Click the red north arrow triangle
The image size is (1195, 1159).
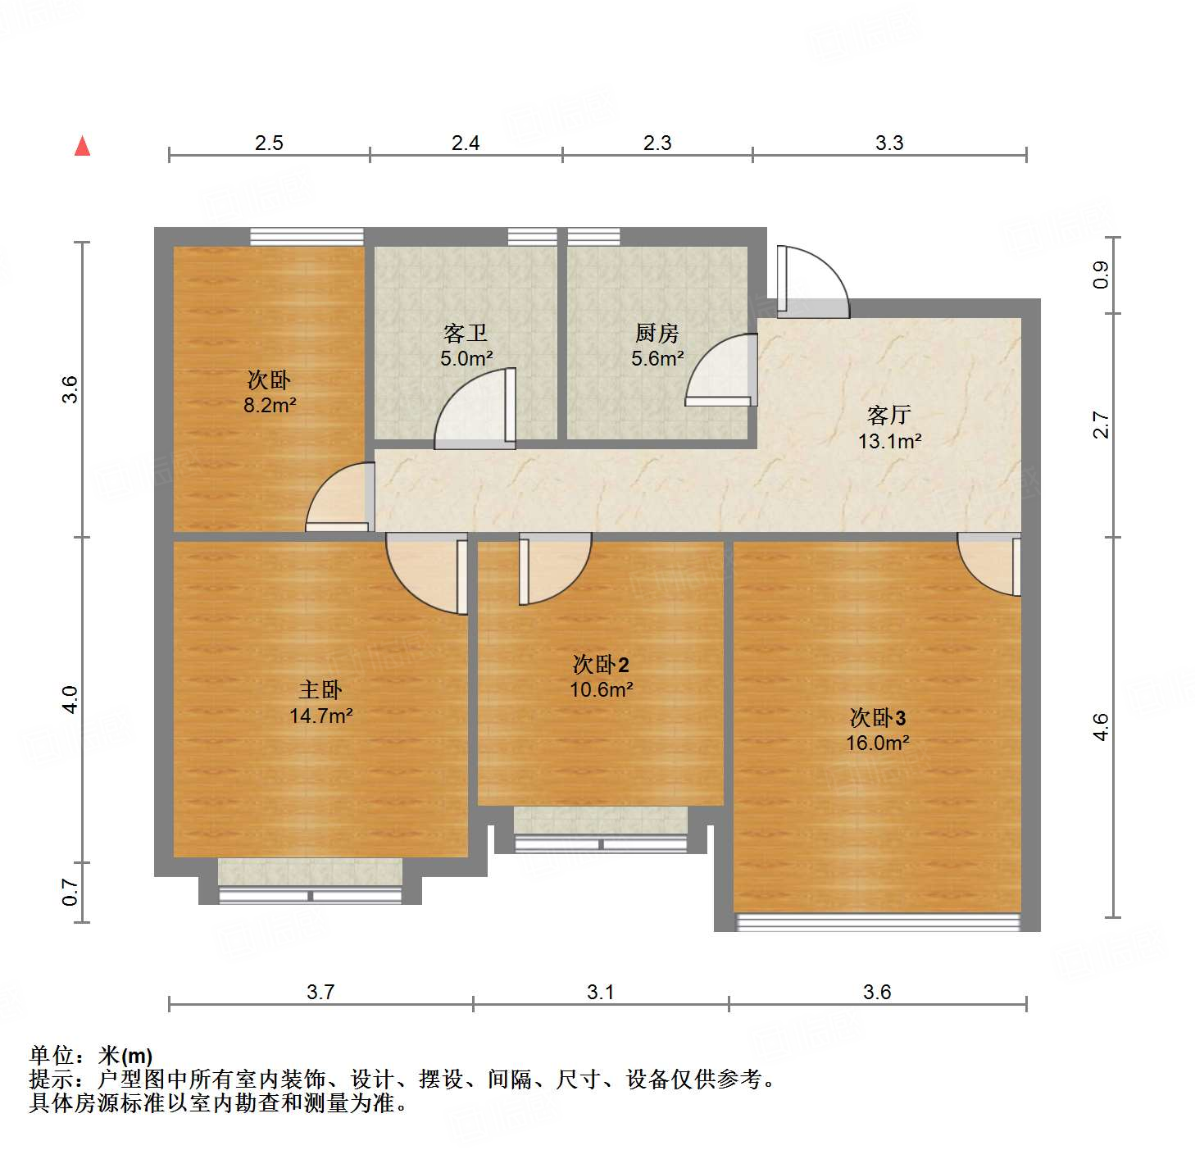82,146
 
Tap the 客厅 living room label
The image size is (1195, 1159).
889,415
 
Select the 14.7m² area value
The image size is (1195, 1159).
320,716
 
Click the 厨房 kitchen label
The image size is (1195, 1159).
657,334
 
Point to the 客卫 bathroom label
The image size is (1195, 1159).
466,334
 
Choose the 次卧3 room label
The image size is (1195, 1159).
877,718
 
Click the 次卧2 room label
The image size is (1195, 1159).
601,664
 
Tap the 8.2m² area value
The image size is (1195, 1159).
270,405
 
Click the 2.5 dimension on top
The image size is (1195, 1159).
269,143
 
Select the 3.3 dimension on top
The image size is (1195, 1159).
889,143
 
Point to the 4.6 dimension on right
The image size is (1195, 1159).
1100,727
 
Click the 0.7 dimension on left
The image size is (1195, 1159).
70,892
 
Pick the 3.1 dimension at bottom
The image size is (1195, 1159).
600,993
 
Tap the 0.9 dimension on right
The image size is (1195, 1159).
1100,275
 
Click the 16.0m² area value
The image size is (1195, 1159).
877,743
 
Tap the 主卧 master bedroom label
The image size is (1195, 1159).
320,690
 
